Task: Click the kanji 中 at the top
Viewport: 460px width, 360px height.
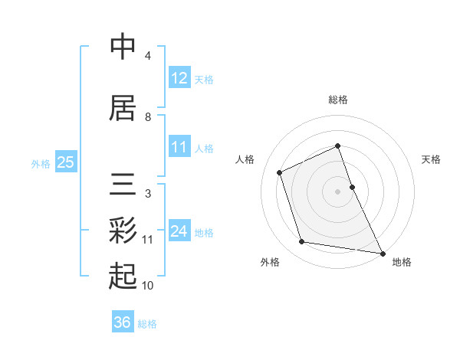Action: (x=123, y=47)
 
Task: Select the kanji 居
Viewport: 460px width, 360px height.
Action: (x=123, y=106)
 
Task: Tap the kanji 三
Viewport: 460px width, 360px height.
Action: (x=123, y=184)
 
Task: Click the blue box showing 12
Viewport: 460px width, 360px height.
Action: (x=179, y=78)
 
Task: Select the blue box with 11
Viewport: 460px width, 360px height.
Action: (x=179, y=147)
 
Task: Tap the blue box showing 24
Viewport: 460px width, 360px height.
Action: (x=179, y=231)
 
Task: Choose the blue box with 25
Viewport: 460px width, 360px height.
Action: (x=65, y=162)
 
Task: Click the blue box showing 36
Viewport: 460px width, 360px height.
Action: (x=122, y=322)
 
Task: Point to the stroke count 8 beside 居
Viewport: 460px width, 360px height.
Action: (x=148, y=117)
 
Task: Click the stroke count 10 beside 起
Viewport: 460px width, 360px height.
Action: (x=148, y=286)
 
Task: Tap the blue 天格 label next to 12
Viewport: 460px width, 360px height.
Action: (x=204, y=80)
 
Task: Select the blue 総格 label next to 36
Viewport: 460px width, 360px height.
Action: (x=147, y=324)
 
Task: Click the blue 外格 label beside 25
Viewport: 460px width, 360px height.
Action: (x=41, y=163)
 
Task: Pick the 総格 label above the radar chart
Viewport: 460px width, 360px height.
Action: (x=337, y=100)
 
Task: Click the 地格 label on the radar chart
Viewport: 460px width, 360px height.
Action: (x=402, y=262)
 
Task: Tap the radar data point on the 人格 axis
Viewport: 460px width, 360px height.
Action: (x=280, y=172)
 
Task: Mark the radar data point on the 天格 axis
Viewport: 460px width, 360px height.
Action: (x=352, y=186)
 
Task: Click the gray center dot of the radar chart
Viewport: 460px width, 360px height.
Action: (x=337, y=191)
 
